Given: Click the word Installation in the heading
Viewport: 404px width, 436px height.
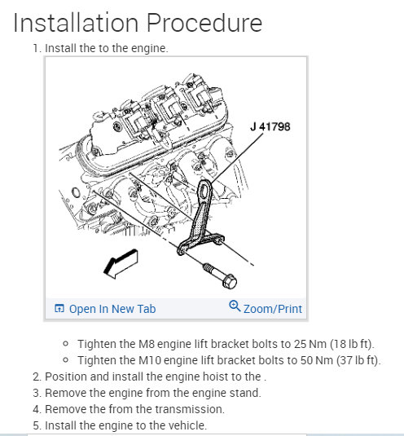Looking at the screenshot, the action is [x=76, y=23].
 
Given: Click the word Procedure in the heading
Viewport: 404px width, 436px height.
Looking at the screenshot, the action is [x=204, y=23].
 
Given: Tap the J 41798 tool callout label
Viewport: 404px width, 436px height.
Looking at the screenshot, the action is [x=270, y=127].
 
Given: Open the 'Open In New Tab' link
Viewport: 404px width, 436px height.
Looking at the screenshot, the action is [x=112, y=309].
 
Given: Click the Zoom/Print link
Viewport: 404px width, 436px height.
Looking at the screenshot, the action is [x=273, y=309].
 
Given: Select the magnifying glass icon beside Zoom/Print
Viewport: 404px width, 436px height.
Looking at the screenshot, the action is [x=235, y=306].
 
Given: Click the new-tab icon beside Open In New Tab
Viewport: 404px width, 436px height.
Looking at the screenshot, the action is [x=59, y=308].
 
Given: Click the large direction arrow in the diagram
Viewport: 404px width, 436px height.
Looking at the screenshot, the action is [x=121, y=263].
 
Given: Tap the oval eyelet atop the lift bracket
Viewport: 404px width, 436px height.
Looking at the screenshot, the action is [x=205, y=191].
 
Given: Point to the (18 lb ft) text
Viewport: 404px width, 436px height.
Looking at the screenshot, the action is [x=351, y=344].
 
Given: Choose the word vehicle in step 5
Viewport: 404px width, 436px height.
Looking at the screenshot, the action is [x=187, y=425].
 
